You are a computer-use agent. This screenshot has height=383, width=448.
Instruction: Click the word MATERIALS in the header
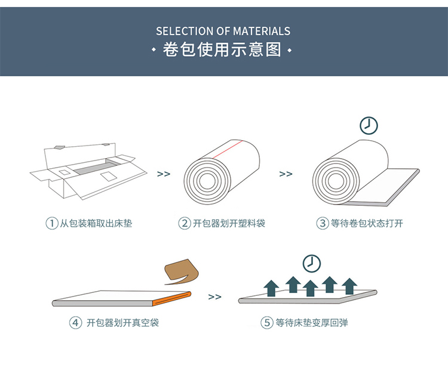[262, 31]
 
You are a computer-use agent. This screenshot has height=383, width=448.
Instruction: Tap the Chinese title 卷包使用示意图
[222, 50]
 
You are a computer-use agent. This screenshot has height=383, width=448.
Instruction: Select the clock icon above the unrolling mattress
[369, 125]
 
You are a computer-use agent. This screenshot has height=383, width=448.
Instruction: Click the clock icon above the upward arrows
[312, 264]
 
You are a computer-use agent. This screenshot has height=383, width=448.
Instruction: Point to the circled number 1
[52, 223]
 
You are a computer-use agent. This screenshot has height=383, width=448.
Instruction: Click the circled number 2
[185, 223]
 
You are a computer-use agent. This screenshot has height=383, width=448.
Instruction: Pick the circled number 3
[323, 223]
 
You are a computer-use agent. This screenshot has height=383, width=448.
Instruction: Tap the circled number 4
[75, 323]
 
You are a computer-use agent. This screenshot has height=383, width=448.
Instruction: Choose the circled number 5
[267, 323]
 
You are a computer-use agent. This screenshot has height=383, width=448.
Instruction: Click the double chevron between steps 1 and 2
[164, 174]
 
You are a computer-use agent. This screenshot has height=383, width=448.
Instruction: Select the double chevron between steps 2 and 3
[286, 174]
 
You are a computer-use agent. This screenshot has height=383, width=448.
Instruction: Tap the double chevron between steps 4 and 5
[215, 297]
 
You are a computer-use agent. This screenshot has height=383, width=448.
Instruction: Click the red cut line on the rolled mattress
[228, 149]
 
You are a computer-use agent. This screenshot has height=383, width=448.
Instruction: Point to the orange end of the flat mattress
[171, 298]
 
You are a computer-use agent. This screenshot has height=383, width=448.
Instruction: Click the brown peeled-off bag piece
[182, 271]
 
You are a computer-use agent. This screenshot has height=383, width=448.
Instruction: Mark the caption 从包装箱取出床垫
[96, 223]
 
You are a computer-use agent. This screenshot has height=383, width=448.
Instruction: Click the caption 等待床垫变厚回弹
[312, 323]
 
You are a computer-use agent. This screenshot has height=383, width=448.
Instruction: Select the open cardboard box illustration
[88, 171]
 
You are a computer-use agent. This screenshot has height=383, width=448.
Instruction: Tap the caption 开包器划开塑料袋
[229, 223]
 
